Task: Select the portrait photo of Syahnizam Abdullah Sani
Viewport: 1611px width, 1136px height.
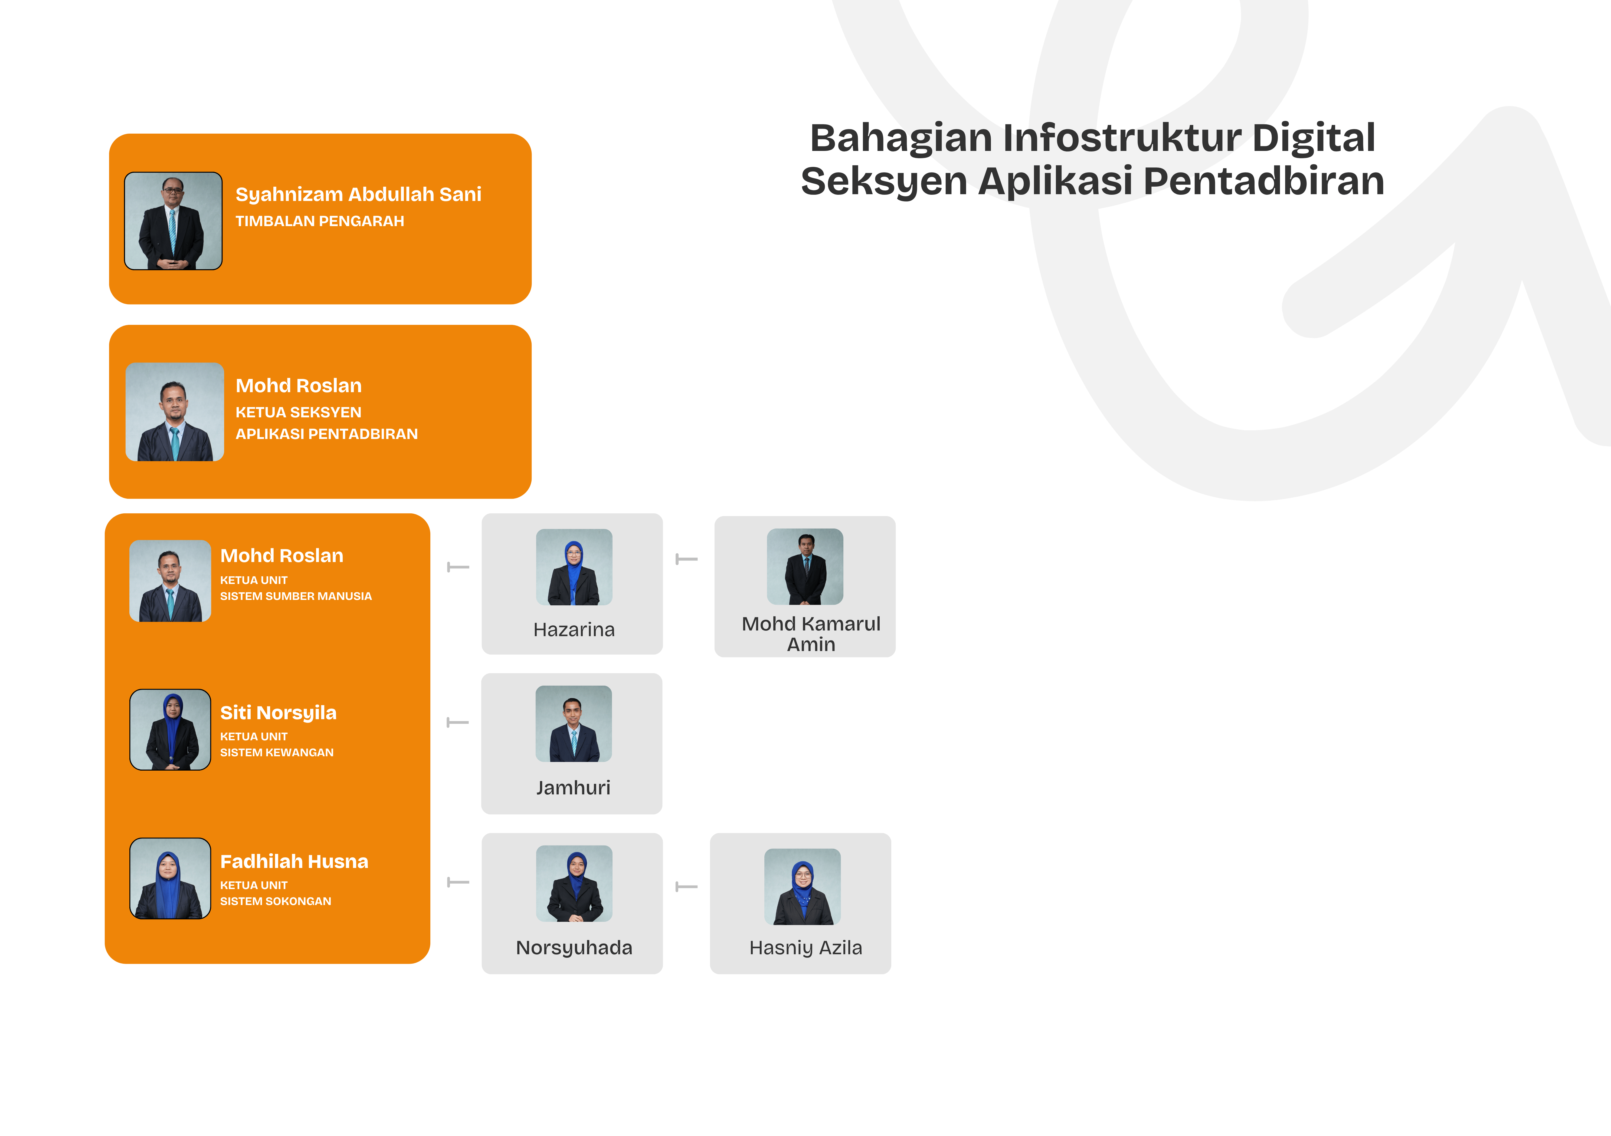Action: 173,221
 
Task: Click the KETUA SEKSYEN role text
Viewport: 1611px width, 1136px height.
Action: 298,412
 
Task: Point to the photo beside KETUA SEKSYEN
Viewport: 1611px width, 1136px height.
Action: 175,412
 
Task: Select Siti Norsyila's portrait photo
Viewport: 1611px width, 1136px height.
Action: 171,729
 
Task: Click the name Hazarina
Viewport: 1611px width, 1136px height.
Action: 574,630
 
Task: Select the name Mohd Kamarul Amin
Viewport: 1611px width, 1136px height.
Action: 811,634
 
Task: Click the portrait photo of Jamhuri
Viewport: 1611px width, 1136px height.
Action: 573,724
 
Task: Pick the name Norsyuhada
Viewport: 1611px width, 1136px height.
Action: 574,948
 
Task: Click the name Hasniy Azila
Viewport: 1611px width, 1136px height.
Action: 806,948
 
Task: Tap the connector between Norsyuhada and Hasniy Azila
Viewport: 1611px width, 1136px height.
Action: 686,887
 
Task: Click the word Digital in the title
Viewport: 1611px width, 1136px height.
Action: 1314,138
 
